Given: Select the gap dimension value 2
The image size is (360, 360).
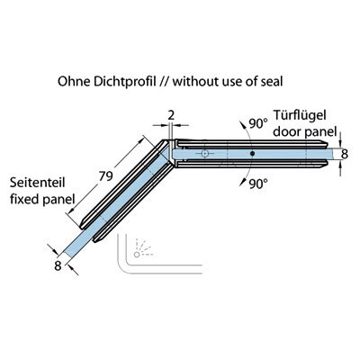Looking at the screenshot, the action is (171, 115).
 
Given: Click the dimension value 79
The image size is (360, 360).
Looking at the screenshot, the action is (106, 176).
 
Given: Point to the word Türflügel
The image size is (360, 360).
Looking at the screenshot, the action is (300, 115).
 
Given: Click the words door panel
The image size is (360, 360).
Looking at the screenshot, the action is (305, 131).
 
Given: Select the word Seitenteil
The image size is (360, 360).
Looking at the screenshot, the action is (38, 183).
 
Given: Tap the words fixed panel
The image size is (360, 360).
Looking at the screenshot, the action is (42, 199).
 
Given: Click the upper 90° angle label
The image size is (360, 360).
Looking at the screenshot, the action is (257, 123).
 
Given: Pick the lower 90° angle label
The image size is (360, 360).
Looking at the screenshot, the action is (258, 184).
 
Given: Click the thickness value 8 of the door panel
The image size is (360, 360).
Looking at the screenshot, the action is (345, 154).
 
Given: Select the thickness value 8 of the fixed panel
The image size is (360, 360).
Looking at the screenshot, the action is (58, 265).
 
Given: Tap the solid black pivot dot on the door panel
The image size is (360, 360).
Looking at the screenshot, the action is (252, 153).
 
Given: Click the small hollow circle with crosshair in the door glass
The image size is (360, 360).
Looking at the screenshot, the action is (205, 153).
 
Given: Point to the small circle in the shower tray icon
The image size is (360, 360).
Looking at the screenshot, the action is (137, 255).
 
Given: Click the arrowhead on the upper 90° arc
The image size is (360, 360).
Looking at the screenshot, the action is (241, 124).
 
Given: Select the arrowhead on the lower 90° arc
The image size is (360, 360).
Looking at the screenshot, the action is (241, 183).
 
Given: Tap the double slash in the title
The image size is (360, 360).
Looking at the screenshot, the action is (165, 81).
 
